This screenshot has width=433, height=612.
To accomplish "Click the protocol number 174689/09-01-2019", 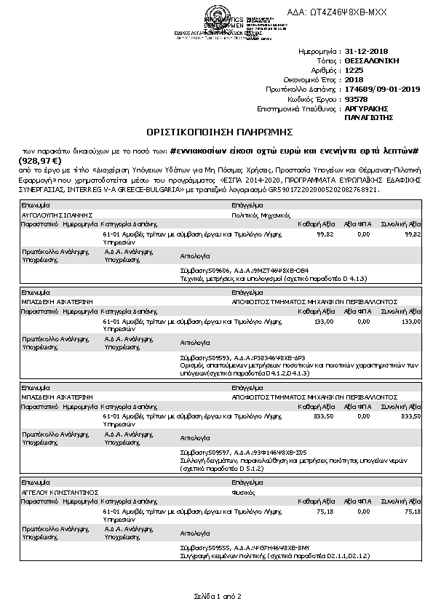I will click(378, 89).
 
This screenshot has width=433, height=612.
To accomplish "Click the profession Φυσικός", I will click(242, 492).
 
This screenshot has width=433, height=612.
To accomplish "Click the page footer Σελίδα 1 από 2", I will click(217, 597).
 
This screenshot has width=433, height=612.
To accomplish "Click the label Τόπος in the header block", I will click(328, 62).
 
